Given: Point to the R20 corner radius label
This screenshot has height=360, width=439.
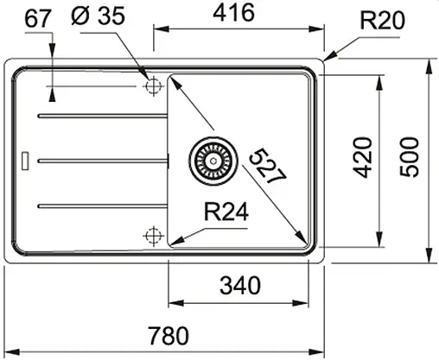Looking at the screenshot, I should [x=381, y=19].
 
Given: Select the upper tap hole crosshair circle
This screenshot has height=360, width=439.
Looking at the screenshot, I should [x=155, y=86].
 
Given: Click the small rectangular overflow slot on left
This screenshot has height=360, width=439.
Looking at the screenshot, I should [x=24, y=160].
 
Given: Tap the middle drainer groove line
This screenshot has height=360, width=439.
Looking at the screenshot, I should [x=99, y=159].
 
